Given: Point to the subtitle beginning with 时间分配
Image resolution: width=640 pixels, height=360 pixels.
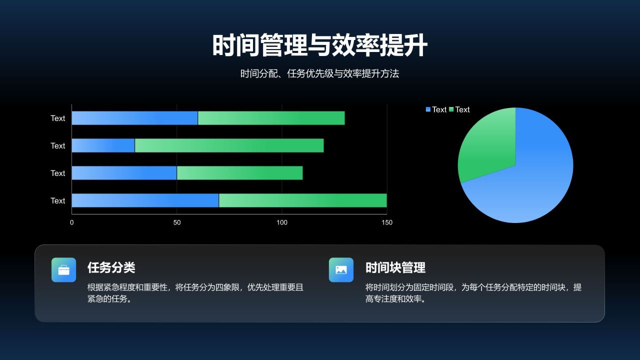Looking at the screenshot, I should coord(319,74).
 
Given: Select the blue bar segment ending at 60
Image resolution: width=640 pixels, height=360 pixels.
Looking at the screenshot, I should coord(134,118).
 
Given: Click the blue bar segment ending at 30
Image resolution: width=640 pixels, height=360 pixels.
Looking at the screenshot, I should coord(103,145).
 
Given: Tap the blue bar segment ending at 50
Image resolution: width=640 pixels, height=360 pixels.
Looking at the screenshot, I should coord(124,173).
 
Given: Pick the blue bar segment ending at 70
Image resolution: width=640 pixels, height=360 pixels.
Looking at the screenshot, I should coord(145,200).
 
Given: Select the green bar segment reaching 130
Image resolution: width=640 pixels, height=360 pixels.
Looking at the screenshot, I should coord(271,118).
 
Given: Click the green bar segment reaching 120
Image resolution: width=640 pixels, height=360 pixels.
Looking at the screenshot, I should coord(229,145).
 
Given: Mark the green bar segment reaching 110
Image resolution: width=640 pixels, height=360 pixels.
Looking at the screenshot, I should coord(239,173).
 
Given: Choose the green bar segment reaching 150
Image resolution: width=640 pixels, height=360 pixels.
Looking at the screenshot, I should coord(302,200).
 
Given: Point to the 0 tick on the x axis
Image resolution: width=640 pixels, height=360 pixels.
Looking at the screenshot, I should coord(72,222).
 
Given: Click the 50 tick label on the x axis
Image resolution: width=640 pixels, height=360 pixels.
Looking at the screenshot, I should coord(177,222).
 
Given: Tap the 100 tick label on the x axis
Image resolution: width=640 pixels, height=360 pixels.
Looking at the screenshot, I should coord(282,222).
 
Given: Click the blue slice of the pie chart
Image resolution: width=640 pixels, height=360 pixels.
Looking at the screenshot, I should coord(530,180).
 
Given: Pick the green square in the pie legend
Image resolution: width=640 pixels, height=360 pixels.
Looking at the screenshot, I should coord(451,109).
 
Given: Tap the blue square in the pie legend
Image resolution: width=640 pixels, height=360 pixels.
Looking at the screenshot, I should coord(428,109).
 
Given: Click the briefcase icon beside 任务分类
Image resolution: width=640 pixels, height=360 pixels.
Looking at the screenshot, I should coord(63,270).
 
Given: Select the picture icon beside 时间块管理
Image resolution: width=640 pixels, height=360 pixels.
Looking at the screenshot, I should coord(341,270).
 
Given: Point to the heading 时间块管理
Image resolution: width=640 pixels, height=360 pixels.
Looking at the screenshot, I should coord(395,268).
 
